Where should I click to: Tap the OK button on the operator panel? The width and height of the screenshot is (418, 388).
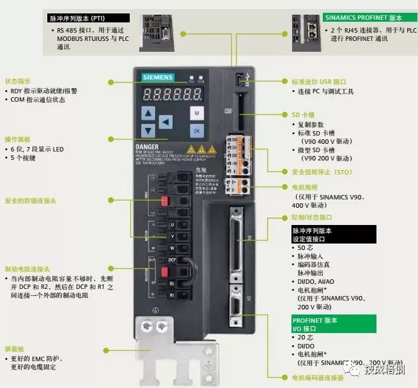pyautogui.click(x=197, y=130)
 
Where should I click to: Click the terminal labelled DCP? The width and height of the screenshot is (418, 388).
pyautogui.click(x=172, y=260)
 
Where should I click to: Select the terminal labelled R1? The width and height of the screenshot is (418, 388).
pyautogui.click(x=172, y=295)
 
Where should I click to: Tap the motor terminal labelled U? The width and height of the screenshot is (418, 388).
pyautogui.click(x=172, y=225)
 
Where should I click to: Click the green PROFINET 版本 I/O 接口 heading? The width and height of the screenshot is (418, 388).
pyautogui.click(x=314, y=323)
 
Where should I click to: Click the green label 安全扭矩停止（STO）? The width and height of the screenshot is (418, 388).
pyautogui.click(x=321, y=172)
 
